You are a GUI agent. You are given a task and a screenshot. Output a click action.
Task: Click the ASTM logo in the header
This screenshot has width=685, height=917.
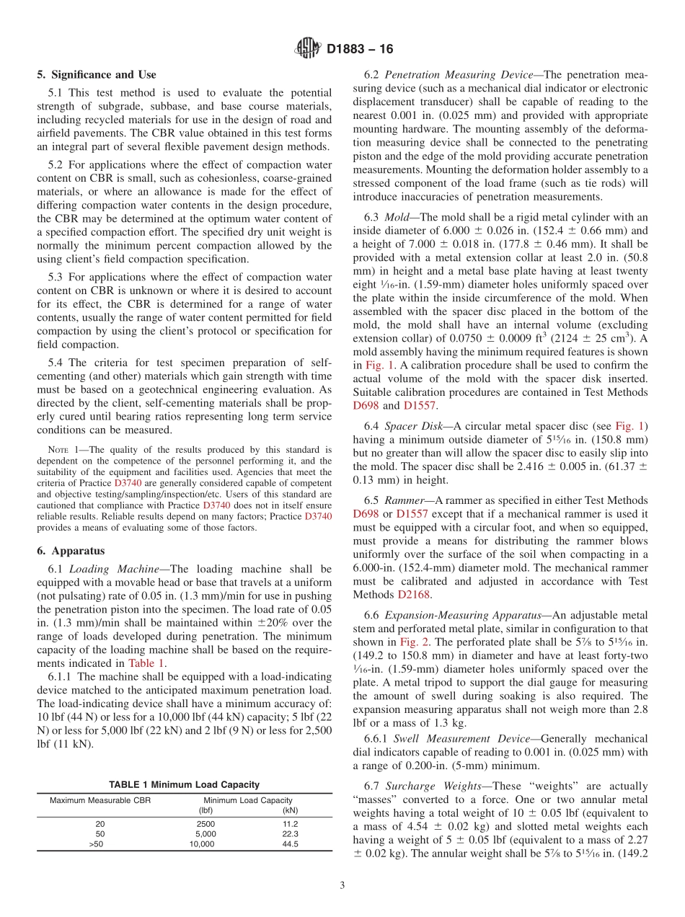click(x=308, y=49)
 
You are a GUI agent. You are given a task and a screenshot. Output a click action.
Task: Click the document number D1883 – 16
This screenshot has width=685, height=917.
click(x=360, y=50)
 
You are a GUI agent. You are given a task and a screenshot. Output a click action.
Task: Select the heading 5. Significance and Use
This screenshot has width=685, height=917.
click(x=97, y=74)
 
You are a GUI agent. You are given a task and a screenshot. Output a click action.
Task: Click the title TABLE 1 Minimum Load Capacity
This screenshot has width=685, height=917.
click(x=184, y=784)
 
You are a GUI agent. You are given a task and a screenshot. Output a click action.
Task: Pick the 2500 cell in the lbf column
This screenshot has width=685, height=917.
click(x=205, y=823)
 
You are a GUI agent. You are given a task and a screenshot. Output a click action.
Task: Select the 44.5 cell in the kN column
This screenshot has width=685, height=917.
click(x=291, y=843)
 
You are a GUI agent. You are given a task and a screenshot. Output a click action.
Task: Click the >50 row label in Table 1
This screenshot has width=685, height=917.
click(x=96, y=843)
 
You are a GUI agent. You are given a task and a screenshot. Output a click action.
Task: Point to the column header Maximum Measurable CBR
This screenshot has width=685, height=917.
click(x=97, y=800)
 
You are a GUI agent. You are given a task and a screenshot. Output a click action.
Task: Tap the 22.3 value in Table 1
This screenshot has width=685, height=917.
click(x=291, y=833)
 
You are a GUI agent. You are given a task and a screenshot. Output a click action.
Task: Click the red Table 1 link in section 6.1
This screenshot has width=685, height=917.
click(x=147, y=663)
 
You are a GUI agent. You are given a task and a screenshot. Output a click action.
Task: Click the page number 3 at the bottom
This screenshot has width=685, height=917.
click(x=342, y=886)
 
